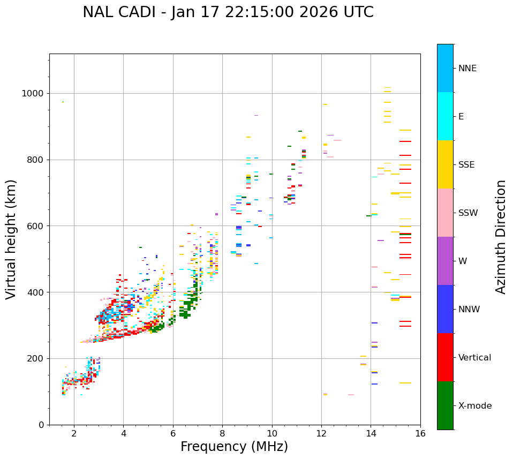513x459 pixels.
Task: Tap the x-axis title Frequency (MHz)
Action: pos(234,447)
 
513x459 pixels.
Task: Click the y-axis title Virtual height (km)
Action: pos(11,239)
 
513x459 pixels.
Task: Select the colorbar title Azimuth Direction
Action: pos(501,237)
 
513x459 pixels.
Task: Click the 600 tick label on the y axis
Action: pos(35,226)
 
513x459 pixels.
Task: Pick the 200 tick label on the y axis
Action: pos(35,358)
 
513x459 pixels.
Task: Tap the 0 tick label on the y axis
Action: pos(41,425)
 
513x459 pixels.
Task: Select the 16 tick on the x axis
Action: pos(420,433)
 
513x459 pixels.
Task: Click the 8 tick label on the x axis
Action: pos(222,433)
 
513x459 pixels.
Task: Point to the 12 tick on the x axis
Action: pos(321,433)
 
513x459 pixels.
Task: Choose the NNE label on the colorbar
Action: pos(467,69)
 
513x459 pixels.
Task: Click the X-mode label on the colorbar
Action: pos(474,406)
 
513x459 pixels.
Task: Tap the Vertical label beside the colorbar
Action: pos(474,358)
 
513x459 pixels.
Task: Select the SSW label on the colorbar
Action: pos(468,213)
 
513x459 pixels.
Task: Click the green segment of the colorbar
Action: pos(445,405)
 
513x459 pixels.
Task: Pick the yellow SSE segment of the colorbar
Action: pos(445,164)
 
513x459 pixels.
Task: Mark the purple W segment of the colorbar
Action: pos(445,261)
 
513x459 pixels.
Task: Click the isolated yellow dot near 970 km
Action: pos(63,102)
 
